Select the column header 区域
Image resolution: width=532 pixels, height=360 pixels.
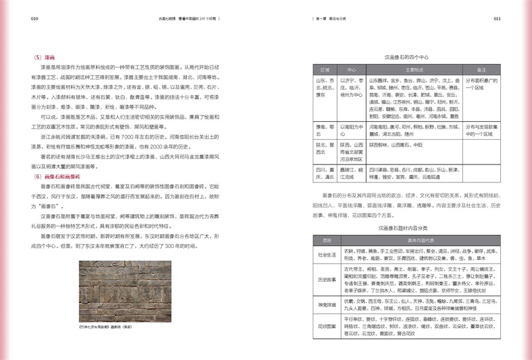(325, 69)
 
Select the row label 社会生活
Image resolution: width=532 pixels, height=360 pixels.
(327, 254)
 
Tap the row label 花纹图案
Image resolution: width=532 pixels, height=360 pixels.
(327, 327)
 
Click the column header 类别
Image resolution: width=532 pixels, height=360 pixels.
(327, 240)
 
